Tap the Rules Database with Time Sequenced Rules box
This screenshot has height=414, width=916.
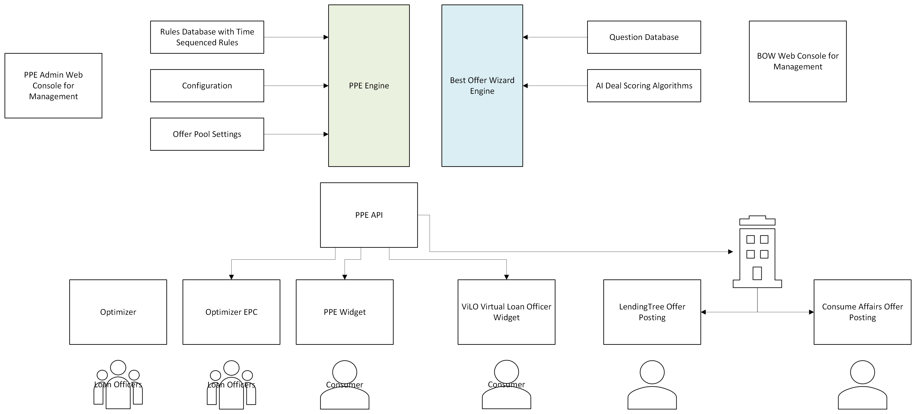pyautogui.click(x=207, y=37)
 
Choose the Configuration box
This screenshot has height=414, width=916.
pyautogui.click(x=207, y=86)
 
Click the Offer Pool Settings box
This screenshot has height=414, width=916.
pyautogui.click(x=207, y=134)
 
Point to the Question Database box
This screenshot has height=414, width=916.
pyautogui.click(x=644, y=37)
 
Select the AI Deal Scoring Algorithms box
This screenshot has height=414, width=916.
pyautogui.click(x=644, y=86)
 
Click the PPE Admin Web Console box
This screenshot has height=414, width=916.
pyautogui.click(x=53, y=86)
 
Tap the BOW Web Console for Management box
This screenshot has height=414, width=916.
pyautogui.click(x=798, y=61)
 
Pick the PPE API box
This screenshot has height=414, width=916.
pyautogui.click(x=369, y=215)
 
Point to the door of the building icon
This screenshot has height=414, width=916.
pyautogui.click(x=757, y=273)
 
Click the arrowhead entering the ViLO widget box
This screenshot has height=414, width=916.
pyautogui.click(x=506, y=277)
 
